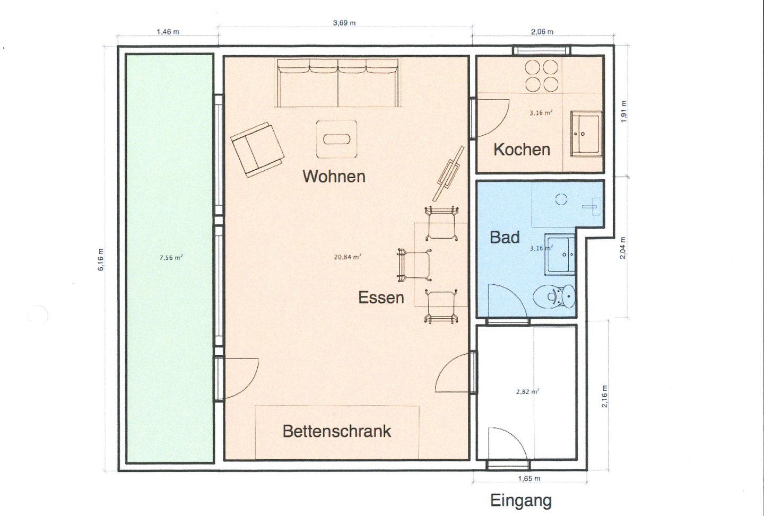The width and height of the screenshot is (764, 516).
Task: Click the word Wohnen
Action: click(x=334, y=177)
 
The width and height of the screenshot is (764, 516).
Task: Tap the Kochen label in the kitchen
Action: click(x=522, y=150)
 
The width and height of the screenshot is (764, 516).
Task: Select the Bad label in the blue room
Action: click(x=505, y=237)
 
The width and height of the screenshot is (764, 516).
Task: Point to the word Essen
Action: click(x=381, y=298)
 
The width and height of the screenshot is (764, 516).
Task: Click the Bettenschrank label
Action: click(x=336, y=431)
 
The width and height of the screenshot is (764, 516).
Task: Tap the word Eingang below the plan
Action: click(x=521, y=501)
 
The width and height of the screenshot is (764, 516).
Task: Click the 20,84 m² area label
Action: click(x=347, y=257)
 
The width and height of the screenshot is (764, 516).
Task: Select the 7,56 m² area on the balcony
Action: click(x=170, y=258)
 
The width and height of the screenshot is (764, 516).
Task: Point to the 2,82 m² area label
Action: click(x=527, y=392)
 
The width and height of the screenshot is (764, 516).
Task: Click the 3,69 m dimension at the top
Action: click(x=344, y=23)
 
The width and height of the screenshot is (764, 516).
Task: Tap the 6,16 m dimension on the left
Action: click(x=101, y=259)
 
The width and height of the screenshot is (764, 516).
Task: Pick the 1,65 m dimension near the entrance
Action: click(x=529, y=478)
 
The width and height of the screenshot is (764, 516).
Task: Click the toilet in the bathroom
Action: click(x=554, y=297)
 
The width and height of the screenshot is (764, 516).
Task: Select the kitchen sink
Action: click(x=586, y=133)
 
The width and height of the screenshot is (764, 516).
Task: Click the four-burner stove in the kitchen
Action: click(x=541, y=76)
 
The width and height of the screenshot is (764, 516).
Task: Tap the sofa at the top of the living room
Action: click(x=337, y=83)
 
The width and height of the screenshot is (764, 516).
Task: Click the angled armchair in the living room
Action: click(x=257, y=150)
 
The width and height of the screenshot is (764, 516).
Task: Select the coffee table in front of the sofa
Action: click(x=336, y=139)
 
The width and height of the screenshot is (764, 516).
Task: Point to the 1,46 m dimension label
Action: click(x=168, y=32)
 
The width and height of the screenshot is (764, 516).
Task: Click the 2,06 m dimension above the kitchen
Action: click(x=542, y=32)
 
